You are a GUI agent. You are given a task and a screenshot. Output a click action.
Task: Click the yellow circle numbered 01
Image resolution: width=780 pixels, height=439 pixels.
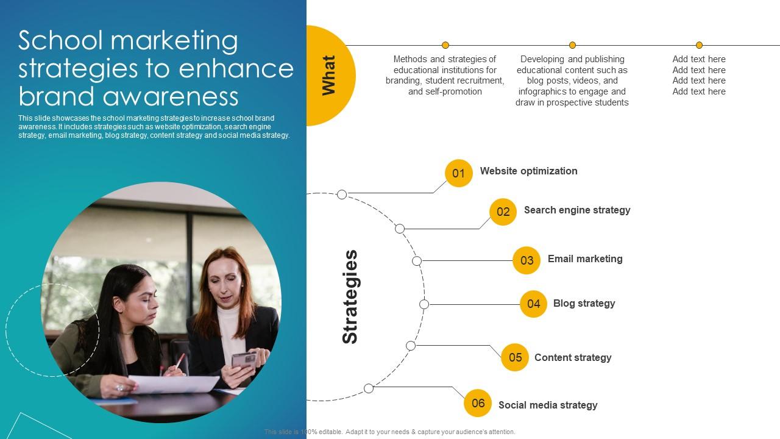point(459,173)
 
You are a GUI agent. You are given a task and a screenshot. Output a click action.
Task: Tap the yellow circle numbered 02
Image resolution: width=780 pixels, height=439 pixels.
point(503,212)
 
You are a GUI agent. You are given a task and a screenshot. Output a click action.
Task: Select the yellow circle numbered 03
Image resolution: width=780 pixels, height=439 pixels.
point(526,260)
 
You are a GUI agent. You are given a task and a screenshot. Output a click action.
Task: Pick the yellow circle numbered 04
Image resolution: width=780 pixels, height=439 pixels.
point(533,304)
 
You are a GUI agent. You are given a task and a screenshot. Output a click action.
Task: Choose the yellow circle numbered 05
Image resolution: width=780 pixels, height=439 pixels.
point(515,357)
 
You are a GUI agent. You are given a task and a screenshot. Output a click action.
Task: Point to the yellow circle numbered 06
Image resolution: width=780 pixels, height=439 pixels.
point(478,403)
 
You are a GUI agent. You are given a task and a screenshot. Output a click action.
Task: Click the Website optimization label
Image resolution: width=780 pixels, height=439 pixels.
point(528,171)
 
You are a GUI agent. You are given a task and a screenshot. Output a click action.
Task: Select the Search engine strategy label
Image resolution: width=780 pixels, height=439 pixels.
point(576,210)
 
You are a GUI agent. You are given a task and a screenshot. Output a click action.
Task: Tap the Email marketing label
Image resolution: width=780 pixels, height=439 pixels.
point(584,259)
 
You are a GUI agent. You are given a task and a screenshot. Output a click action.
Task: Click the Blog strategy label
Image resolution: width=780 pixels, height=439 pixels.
point(584,303)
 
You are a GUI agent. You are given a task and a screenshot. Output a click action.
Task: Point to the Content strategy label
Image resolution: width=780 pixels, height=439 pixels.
point(572,357)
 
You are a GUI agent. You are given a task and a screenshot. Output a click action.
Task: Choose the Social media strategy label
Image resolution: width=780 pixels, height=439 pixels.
point(547,405)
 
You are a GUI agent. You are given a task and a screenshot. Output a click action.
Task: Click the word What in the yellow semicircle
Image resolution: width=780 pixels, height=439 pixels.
point(328,76)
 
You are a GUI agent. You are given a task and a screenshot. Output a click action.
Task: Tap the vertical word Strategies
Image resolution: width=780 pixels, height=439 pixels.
point(350,297)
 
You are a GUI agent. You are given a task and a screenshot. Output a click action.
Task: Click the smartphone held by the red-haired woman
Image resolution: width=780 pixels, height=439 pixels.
point(244,359)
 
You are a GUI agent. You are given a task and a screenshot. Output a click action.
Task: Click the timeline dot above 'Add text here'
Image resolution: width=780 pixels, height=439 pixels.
point(699,45)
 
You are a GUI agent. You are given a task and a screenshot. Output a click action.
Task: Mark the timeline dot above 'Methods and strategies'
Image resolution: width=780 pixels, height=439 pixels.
point(445,45)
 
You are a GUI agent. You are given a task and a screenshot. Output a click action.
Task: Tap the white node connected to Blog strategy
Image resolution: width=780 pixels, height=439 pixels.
point(424,304)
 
